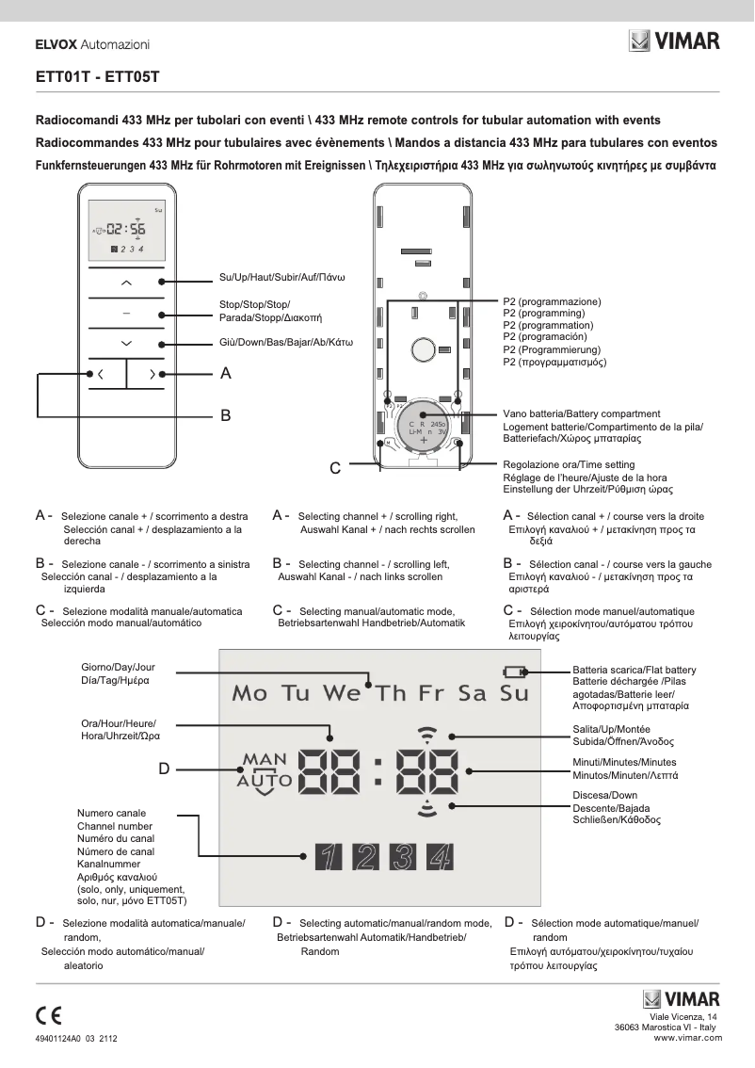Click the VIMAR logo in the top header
pos(674,41)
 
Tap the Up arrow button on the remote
pos(126,282)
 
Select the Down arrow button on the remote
pos(126,342)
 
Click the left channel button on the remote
pos(102,375)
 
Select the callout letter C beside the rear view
pos(335,467)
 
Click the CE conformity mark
pos(48,1015)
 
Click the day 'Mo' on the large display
pos(249,694)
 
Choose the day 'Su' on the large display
pos(514,694)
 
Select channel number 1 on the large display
pos(327,856)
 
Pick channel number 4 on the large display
pos(439,856)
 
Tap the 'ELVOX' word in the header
pos(56,44)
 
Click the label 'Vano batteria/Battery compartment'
pos(581,414)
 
